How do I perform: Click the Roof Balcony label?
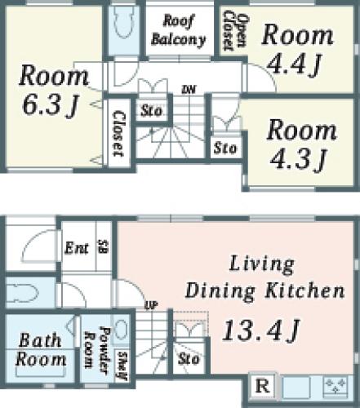point(178,31)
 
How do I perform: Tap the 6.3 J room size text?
point(51,105)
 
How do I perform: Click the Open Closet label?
point(234,30)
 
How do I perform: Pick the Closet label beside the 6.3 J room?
point(119,133)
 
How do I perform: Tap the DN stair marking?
point(189,90)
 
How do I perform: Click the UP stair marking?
point(151,306)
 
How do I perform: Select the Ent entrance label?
point(77,248)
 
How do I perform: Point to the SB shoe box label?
point(103,246)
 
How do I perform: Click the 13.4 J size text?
point(261,330)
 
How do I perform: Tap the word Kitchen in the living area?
point(304,290)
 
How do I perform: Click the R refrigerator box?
point(263,387)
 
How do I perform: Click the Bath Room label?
point(41,349)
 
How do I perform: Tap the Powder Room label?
point(97,348)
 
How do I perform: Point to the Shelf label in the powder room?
point(122,366)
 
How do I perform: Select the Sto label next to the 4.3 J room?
point(225,149)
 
